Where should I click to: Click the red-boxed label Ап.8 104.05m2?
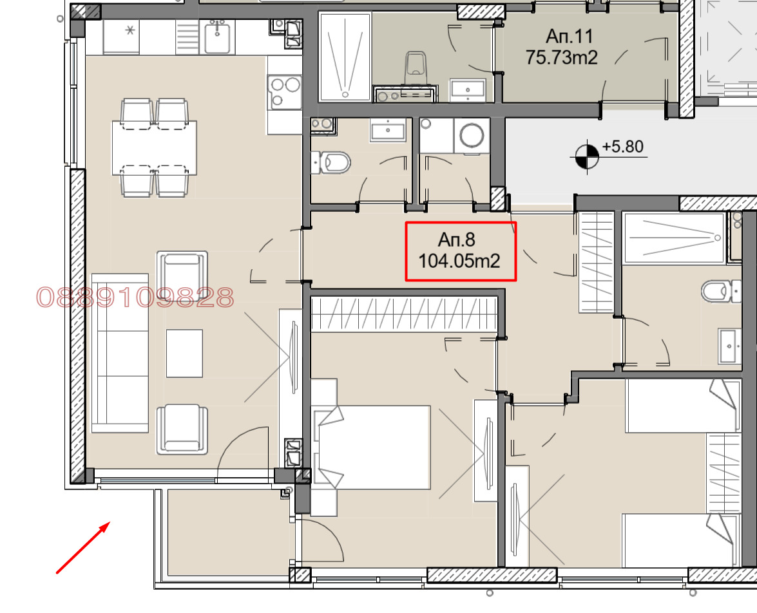point(461,251)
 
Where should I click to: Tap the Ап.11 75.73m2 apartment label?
point(562,47)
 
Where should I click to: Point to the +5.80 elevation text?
point(623,147)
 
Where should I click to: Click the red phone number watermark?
point(135,297)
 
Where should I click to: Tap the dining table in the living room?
point(155,147)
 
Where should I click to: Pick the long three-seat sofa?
point(120,353)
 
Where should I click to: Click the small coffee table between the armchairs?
point(184,354)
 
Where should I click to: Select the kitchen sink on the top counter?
point(217,37)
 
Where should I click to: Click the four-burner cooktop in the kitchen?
point(285,91)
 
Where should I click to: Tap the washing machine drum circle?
point(472,135)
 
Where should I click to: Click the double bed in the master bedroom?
point(371,448)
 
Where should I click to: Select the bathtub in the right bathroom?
point(674,238)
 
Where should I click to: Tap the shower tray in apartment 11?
point(345,57)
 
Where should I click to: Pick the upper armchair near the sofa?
point(182,274)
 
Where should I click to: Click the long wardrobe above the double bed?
point(404,314)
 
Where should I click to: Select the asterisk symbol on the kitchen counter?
point(130,30)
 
